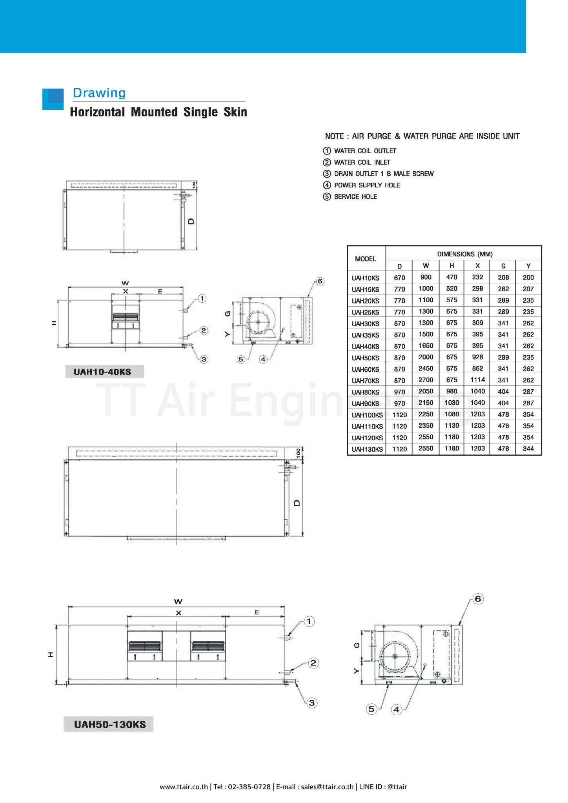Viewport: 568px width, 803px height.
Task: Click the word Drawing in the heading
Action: [x=99, y=93]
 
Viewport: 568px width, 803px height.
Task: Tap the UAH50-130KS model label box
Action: [x=109, y=724]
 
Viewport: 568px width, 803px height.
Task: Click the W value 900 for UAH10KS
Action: [x=426, y=277]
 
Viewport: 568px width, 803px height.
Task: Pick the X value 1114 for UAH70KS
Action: [x=477, y=380]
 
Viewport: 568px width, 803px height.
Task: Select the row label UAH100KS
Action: [x=367, y=415]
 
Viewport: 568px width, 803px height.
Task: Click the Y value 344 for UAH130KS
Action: [x=528, y=449]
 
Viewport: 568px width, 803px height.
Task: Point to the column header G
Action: [x=503, y=266]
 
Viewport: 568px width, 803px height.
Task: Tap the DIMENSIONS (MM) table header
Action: [x=464, y=254]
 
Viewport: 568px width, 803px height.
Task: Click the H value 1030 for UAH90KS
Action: [x=451, y=403]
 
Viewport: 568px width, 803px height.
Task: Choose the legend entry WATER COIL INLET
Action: [x=362, y=162]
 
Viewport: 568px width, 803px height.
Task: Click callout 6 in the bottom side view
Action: [x=477, y=599]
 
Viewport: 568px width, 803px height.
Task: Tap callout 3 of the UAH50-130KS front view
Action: [x=312, y=703]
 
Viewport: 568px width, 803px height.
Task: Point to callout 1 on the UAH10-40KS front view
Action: [x=202, y=299]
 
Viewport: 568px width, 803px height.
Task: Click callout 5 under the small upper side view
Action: [x=241, y=359]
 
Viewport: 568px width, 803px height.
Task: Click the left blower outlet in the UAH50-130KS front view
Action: [x=145, y=646]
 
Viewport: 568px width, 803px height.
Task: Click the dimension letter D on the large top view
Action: [x=297, y=503]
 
